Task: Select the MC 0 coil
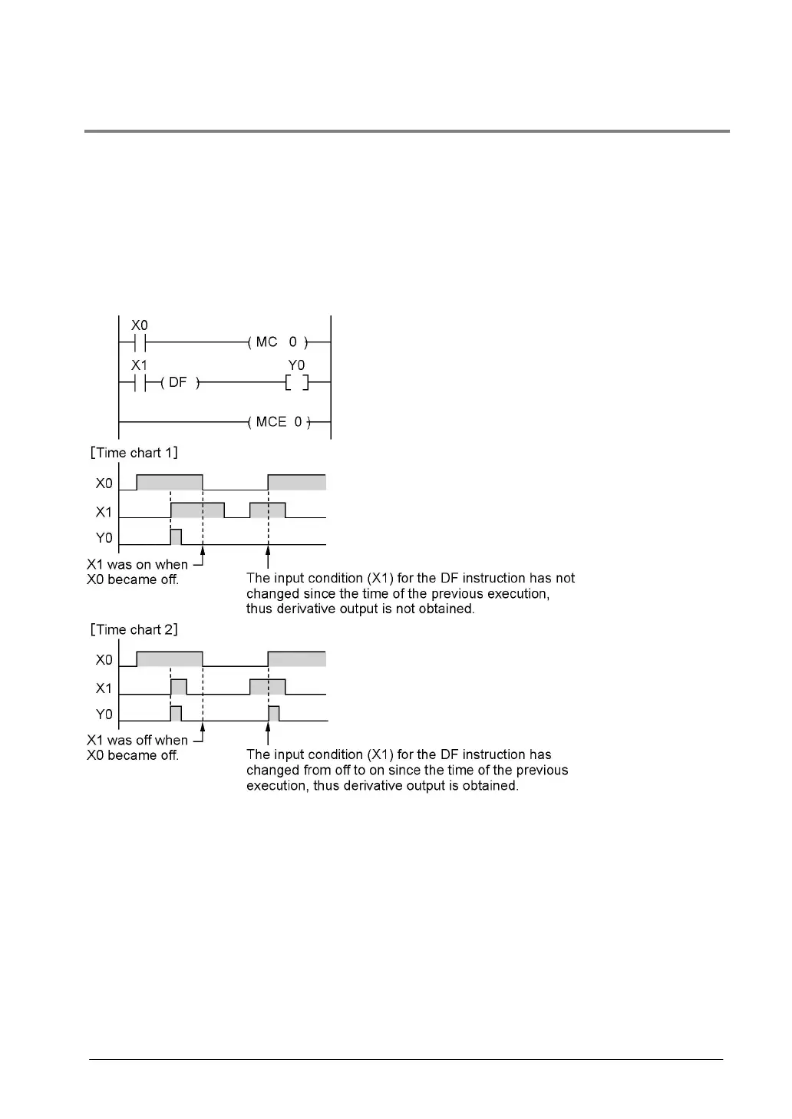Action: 277,342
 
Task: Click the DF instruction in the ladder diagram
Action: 178,382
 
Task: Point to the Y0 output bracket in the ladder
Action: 296,382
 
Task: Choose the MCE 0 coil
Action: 279,422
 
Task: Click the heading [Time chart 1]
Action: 134,453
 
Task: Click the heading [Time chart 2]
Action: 134,629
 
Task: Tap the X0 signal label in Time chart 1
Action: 104,484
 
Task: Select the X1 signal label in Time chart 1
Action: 104,512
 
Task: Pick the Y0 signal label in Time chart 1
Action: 104,538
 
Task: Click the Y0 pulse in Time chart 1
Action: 176,537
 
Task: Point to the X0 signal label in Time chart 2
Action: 104,660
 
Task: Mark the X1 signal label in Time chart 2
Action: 104,688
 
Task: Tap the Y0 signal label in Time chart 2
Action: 104,715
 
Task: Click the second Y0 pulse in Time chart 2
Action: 274,714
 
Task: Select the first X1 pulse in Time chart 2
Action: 178,687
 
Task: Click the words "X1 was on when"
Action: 137,564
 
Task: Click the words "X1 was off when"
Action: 137,740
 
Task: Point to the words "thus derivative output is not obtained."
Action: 360,609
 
